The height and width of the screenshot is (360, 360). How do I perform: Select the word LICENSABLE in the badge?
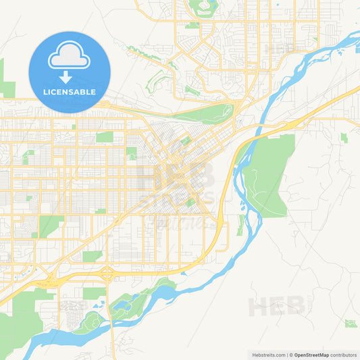click(x=70, y=92)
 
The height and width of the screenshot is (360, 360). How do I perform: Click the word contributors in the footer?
click(x=344, y=355)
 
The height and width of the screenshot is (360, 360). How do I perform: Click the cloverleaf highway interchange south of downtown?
click(x=106, y=274)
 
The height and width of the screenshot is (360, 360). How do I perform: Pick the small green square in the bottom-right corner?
click(x=350, y=324)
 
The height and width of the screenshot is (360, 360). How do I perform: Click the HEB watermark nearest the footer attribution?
click(x=277, y=306)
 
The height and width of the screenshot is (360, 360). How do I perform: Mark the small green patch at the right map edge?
click(x=344, y=137)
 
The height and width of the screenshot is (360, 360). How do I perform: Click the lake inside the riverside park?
click(x=122, y=306)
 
